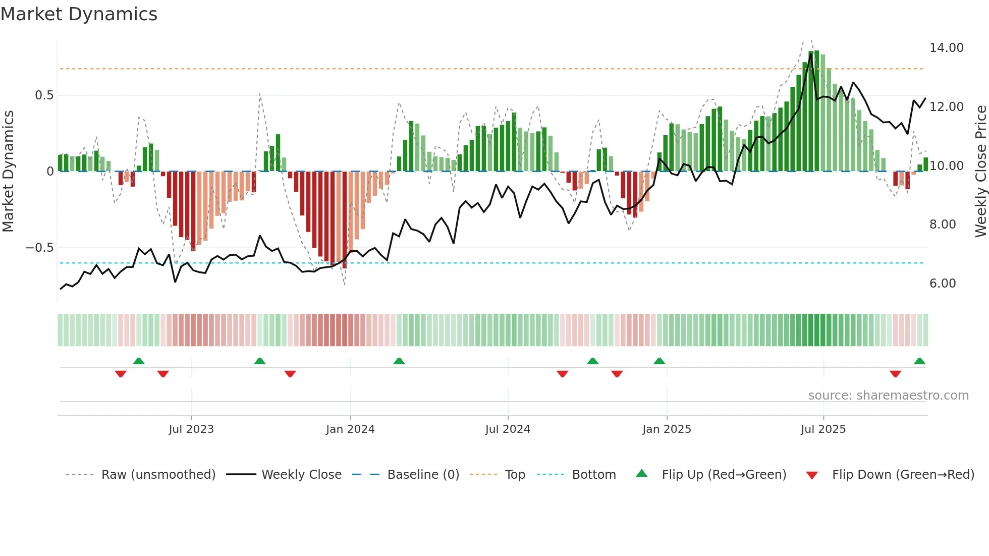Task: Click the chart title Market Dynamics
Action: coord(79,14)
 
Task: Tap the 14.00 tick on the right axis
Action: coord(946,48)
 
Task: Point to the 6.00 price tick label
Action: coord(943,284)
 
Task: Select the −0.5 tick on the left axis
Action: coord(39,248)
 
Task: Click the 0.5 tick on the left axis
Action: coord(44,95)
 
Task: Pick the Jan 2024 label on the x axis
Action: coord(350,429)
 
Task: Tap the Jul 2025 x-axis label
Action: coord(823,429)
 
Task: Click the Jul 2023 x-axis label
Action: coord(191,429)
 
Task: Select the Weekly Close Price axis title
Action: coord(980,171)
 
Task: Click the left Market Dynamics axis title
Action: coord(8,171)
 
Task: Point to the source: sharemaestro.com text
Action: coord(888,396)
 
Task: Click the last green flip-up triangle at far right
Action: coord(919,361)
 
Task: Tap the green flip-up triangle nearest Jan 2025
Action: coord(659,361)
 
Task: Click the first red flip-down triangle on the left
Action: coord(121,374)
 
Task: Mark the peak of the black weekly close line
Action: coord(811,54)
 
